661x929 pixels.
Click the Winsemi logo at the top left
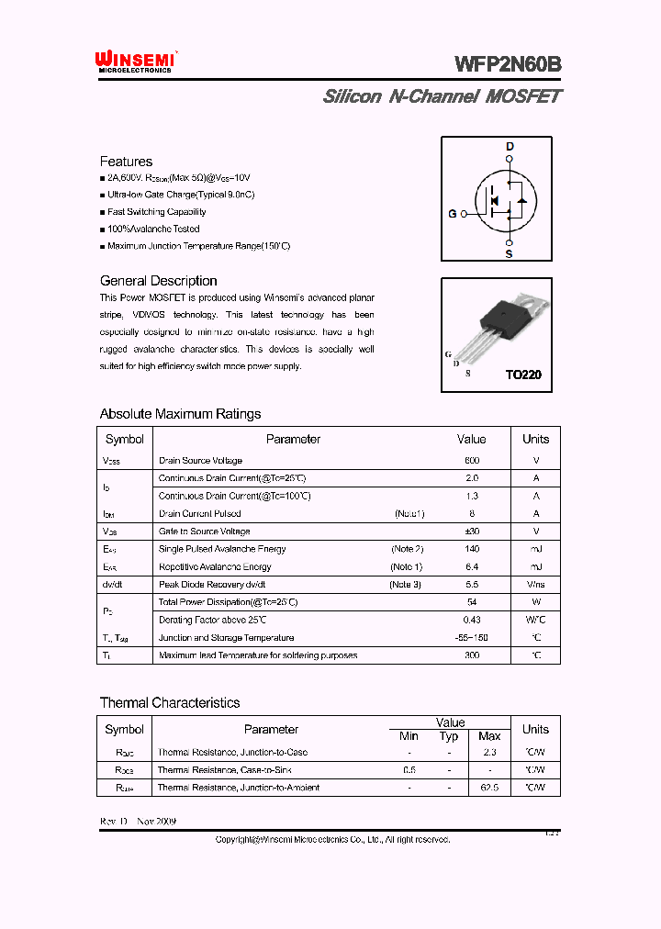pos(136,61)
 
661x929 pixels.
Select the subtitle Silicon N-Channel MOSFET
pos(442,96)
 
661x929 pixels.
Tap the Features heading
pos(126,162)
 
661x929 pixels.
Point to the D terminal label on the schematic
pos(510,147)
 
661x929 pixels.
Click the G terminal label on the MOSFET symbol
pos(452,214)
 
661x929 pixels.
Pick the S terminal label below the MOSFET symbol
pos(509,253)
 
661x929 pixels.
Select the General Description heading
pos(158,281)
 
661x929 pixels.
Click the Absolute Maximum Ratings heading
pos(180,414)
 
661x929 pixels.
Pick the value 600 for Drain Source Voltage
pos(472,460)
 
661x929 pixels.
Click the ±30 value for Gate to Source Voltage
pos(472,532)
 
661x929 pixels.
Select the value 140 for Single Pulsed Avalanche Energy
pos(472,549)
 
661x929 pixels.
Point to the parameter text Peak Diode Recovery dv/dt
pos(212,585)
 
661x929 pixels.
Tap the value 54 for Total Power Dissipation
pos(472,602)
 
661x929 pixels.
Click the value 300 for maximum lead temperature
pos(472,655)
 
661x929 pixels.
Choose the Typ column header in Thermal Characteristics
pos(449,736)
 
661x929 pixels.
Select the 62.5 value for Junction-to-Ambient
pos(489,788)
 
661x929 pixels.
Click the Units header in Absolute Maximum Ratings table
pos(535,439)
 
